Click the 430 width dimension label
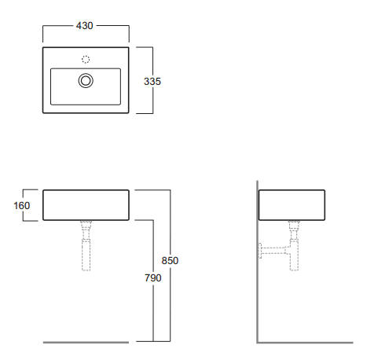click(x=85, y=26)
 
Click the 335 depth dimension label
click(x=164, y=81)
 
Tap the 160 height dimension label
click(x=21, y=206)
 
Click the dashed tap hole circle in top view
click(x=86, y=59)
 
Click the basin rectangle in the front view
click(x=86, y=205)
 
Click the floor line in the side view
click(x=306, y=342)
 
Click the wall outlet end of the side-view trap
click(x=262, y=252)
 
